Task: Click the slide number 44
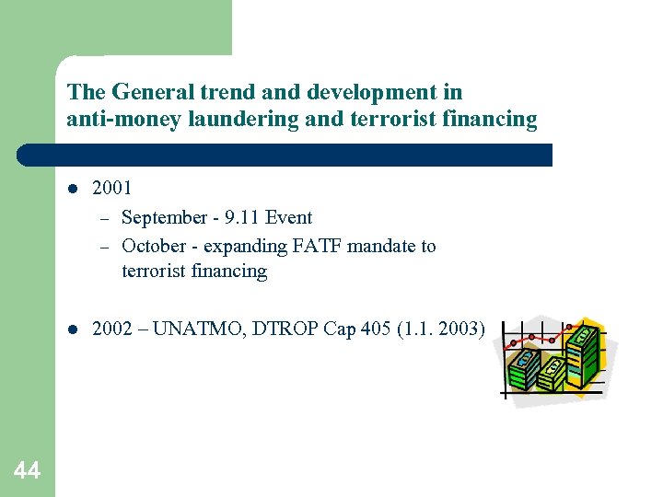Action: click(x=27, y=471)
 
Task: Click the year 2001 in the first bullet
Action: click(x=112, y=188)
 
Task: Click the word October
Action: click(x=152, y=246)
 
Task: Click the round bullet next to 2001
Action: click(x=72, y=189)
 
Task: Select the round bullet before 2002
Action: click(x=72, y=329)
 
